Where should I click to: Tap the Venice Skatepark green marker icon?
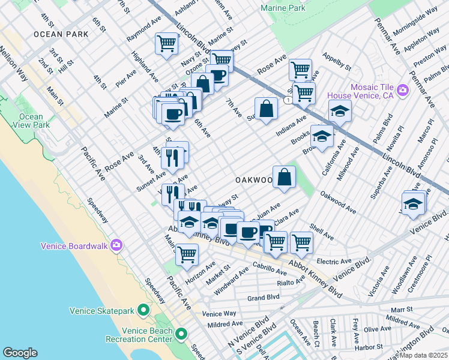(x=143, y=310)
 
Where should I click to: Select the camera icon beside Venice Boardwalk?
(x=116, y=245)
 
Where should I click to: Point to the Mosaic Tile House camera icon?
(x=402, y=91)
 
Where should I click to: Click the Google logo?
(x=20, y=352)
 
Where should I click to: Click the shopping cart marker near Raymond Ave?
(x=166, y=43)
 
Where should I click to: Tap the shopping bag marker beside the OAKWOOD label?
(x=285, y=177)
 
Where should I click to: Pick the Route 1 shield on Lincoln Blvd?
(x=289, y=101)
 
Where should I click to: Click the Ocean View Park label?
(x=31, y=121)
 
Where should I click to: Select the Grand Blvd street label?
(x=264, y=297)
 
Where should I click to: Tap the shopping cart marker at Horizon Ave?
(x=187, y=254)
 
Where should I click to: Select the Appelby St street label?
(x=337, y=62)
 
